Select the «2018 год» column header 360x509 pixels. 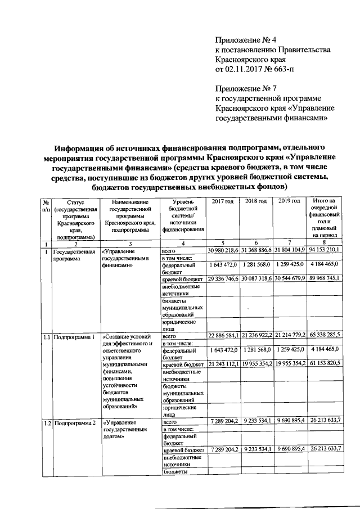256,201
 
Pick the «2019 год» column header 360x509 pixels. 290,201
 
